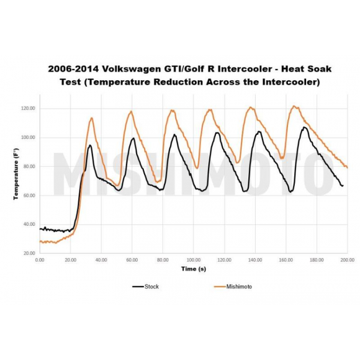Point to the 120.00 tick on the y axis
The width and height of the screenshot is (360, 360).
[29, 109]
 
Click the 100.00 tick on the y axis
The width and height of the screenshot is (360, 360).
[29, 138]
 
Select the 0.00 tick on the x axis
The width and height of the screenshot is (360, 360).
[40, 261]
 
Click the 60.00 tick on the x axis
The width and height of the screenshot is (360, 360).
[132, 261]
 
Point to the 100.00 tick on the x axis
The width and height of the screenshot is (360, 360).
[194, 261]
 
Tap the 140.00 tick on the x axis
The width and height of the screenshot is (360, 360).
[255, 261]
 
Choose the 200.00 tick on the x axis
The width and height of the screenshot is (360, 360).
[346, 261]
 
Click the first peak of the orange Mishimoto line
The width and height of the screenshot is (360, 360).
[92, 118]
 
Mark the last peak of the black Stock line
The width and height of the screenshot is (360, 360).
[304, 127]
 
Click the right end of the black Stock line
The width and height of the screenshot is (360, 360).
[342, 186]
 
